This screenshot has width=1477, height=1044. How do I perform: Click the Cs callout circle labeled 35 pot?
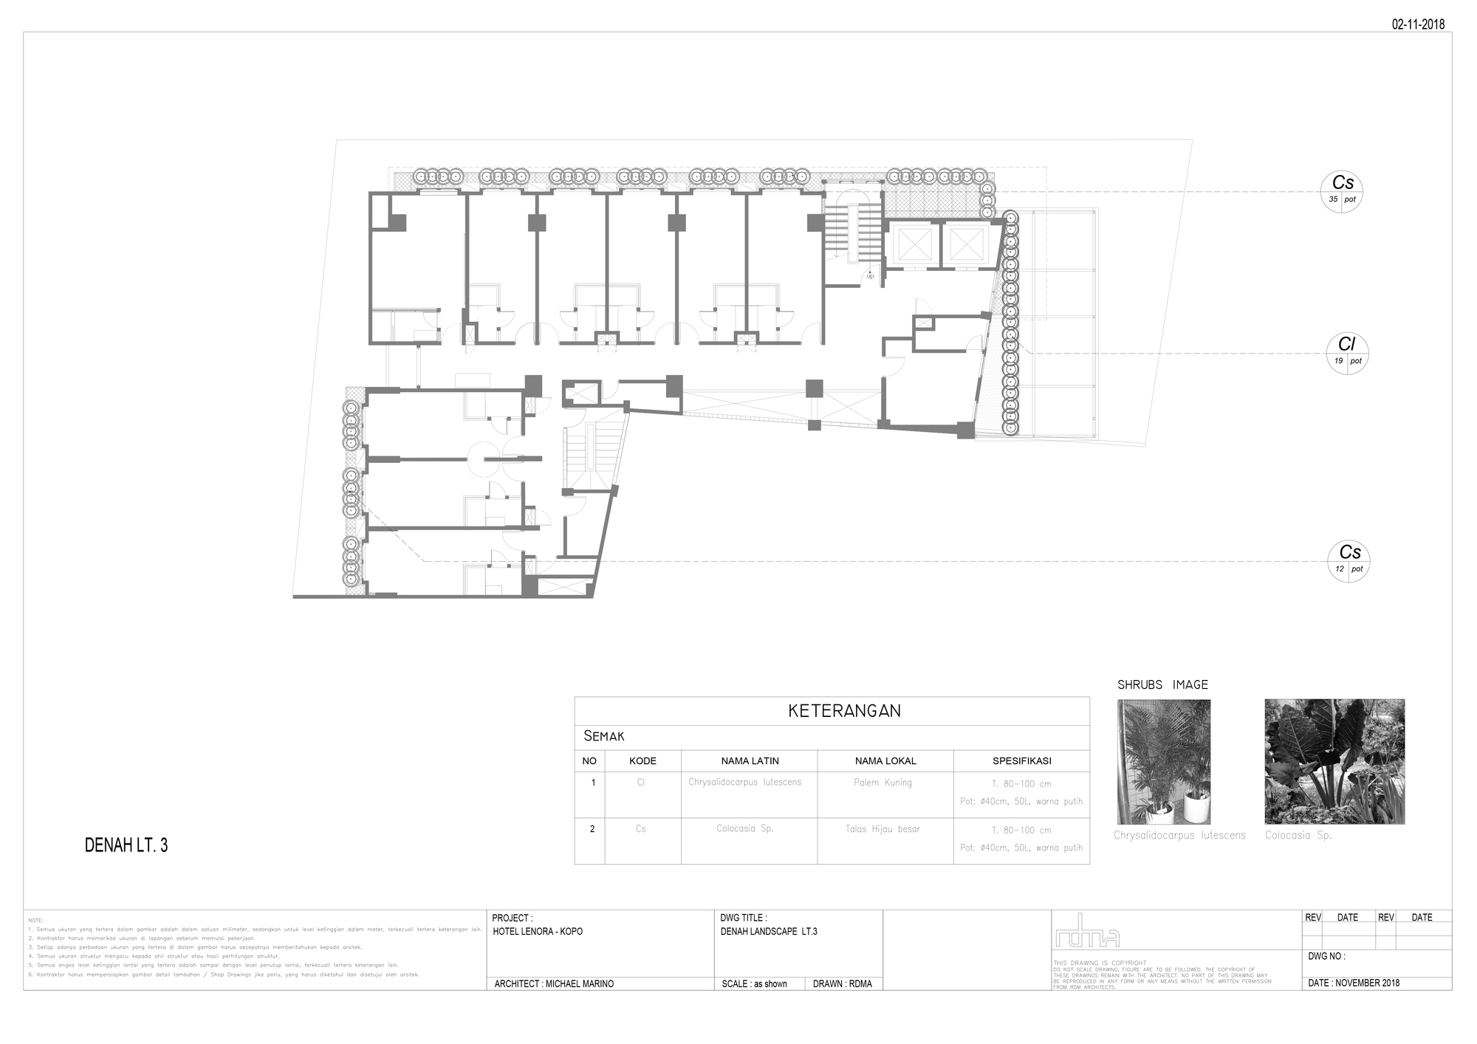[1341, 190]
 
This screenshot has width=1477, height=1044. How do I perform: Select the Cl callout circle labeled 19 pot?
[1346, 353]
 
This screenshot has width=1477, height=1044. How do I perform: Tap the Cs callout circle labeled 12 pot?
[1349, 560]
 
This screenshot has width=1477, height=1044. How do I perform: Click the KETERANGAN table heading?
[844, 711]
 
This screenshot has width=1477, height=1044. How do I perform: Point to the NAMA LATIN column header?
[750, 760]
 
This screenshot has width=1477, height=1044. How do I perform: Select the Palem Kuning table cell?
[883, 783]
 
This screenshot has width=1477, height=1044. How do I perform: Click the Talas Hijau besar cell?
[883, 829]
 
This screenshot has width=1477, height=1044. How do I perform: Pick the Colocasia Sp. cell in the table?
[744, 828]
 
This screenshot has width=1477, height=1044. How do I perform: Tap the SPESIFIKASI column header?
[1021, 760]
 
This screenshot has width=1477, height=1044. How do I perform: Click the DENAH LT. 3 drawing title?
[126, 845]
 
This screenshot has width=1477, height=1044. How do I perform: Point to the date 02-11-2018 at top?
[1418, 24]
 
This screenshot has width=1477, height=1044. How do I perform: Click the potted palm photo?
[1163, 761]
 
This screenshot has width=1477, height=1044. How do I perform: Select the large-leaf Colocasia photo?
[1334, 761]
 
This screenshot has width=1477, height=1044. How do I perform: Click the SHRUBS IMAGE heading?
[1162, 685]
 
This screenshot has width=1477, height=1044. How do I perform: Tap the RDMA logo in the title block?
[1087, 932]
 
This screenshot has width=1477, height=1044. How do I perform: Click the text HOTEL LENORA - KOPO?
[538, 932]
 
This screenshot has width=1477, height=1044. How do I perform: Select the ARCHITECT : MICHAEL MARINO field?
[554, 983]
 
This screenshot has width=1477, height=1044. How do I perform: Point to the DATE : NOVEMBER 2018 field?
[1353, 983]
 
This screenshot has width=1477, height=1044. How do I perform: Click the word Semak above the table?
[603, 736]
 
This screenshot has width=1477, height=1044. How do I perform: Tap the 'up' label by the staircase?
[870, 276]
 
